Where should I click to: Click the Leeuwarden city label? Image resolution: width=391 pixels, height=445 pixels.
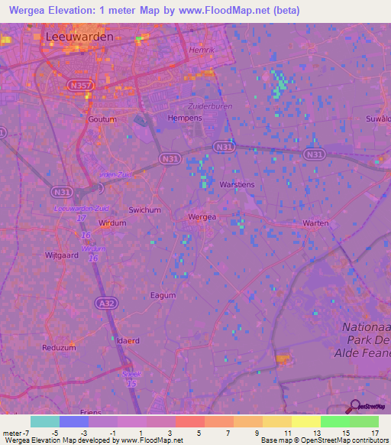[x=79, y=36]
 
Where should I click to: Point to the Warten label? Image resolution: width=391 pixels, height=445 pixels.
[x=315, y=223]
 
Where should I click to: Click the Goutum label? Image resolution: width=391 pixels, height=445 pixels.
[x=102, y=120]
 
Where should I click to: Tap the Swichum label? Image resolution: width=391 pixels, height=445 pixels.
[x=144, y=210]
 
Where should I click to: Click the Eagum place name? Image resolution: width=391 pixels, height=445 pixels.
[x=163, y=295]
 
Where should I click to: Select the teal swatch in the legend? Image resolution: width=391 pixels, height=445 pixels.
[x=44, y=421]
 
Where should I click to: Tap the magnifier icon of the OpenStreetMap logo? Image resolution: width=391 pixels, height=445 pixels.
[x=353, y=406]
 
